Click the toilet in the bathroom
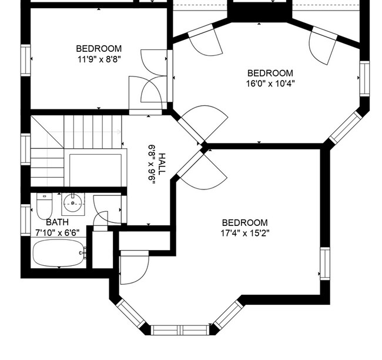tap(44, 206)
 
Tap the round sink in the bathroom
tap(73, 203)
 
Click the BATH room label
tap(57, 222)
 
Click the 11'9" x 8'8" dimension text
tap(99, 59)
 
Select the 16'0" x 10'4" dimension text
tap(270, 84)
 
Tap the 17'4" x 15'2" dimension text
tap(245, 234)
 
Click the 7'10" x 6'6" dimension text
tap(58, 233)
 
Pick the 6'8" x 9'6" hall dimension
tap(152, 163)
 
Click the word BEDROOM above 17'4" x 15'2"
tap(245, 223)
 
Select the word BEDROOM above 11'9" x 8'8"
tap(99, 49)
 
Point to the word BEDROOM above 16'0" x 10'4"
tap(270, 73)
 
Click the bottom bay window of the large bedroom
tap(180, 330)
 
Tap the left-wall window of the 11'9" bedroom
tap(26, 60)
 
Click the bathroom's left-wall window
tap(26, 220)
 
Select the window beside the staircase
tap(26, 149)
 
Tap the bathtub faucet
tap(83, 253)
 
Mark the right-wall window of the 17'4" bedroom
tap(325, 264)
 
